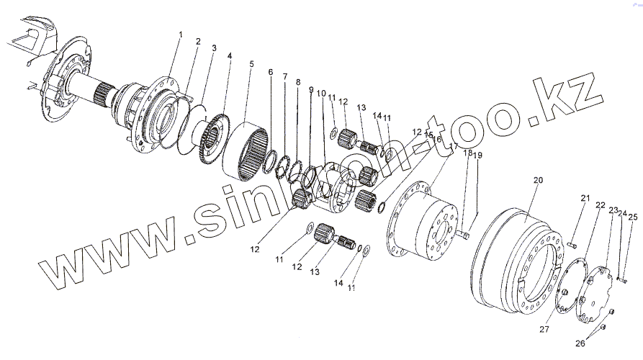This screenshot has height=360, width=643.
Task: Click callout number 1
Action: click(181, 35)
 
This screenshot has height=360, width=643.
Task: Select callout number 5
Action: click(251, 63)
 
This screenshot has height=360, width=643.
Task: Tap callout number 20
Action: click(537, 181)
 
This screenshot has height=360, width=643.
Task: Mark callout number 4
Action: click(230, 55)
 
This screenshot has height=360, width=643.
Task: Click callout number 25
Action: click(633, 216)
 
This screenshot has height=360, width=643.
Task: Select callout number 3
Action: click(214, 48)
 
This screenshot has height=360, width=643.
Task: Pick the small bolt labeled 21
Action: click(572, 245)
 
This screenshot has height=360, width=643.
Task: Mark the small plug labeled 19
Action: click(466, 234)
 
